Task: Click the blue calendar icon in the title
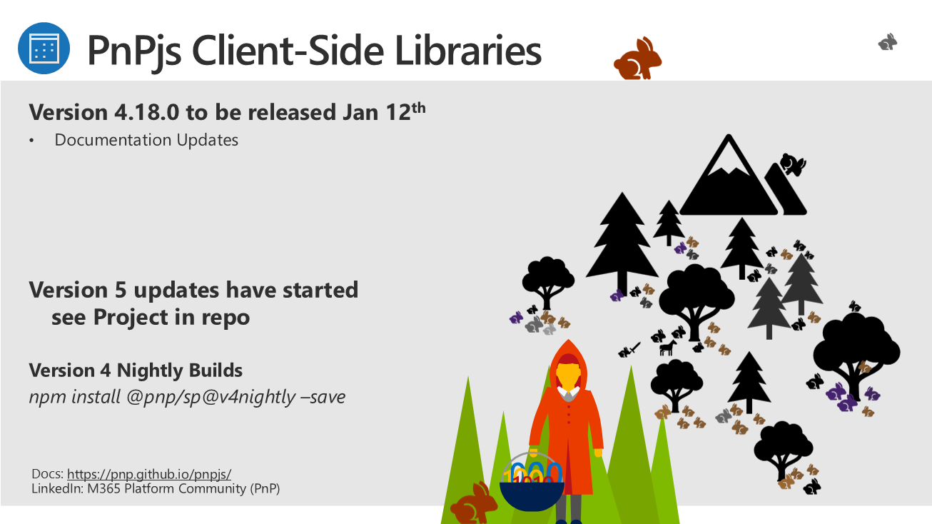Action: (x=44, y=49)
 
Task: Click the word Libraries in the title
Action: (x=468, y=51)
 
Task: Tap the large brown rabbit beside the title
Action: (x=637, y=59)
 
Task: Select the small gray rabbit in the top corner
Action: (x=888, y=42)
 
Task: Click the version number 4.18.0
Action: (x=147, y=112)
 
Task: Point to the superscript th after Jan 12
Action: (x=419, y=108)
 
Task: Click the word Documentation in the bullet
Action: (x=113, y=140)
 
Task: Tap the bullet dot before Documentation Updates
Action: (x=31, y=141)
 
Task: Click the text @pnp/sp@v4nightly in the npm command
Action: (x=211, y=397)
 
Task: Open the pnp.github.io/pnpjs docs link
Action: (x=149, y=474)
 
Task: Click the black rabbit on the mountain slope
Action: (x=793, y=164)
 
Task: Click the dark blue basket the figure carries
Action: (x=532, y=495)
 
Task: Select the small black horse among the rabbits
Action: (x=668, y=348)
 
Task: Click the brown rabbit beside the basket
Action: (x=474, y=503)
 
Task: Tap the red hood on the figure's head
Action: (x=568, y=357)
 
